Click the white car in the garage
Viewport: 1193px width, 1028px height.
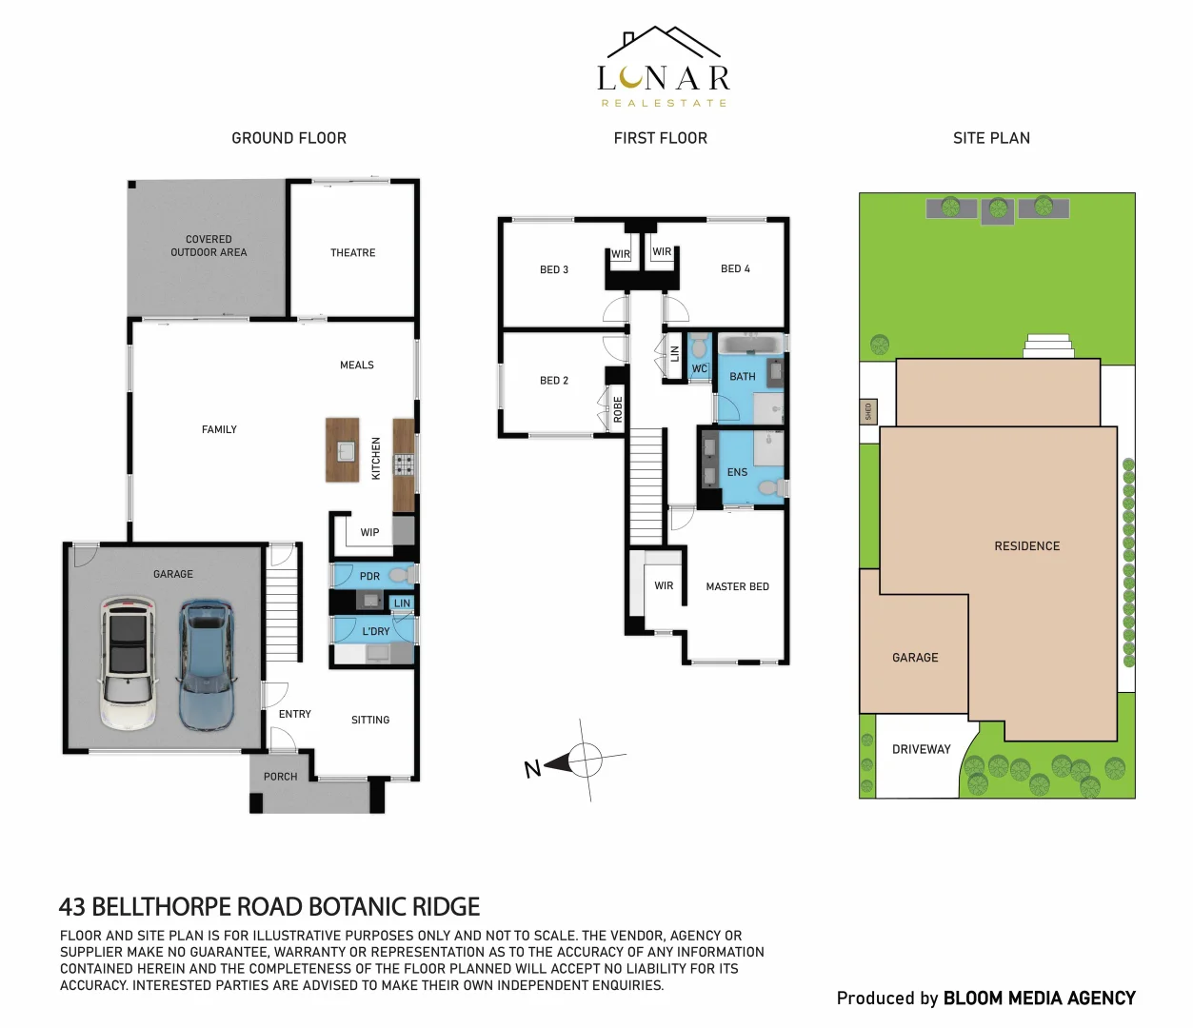pos(128,662)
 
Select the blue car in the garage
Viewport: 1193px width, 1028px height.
pos(205,663)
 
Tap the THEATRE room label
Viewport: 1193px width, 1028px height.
pos(352,253)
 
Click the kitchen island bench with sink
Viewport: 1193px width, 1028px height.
pos(343,449)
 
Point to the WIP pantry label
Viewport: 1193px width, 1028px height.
pos(369,533)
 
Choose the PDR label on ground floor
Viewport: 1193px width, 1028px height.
pos(369,577)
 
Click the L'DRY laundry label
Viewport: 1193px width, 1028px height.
pos(375,632)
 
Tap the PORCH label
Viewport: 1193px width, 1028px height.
pos(280,778)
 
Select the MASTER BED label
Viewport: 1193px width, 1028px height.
pos(737,587)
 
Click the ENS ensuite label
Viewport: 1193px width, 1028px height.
pos(737,473)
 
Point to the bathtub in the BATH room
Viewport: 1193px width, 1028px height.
pos(750,344)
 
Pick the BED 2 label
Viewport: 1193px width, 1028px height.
pos(553,381)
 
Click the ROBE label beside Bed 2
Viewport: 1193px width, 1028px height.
pos(618,409)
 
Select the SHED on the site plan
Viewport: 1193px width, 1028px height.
pos(867,411)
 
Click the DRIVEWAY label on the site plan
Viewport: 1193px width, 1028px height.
pos(921,750)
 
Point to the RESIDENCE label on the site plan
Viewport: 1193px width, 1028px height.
pos(1026,546)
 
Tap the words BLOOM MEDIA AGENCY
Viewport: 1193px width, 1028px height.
pos(1039,998)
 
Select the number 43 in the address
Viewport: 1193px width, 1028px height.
pos(71,907)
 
